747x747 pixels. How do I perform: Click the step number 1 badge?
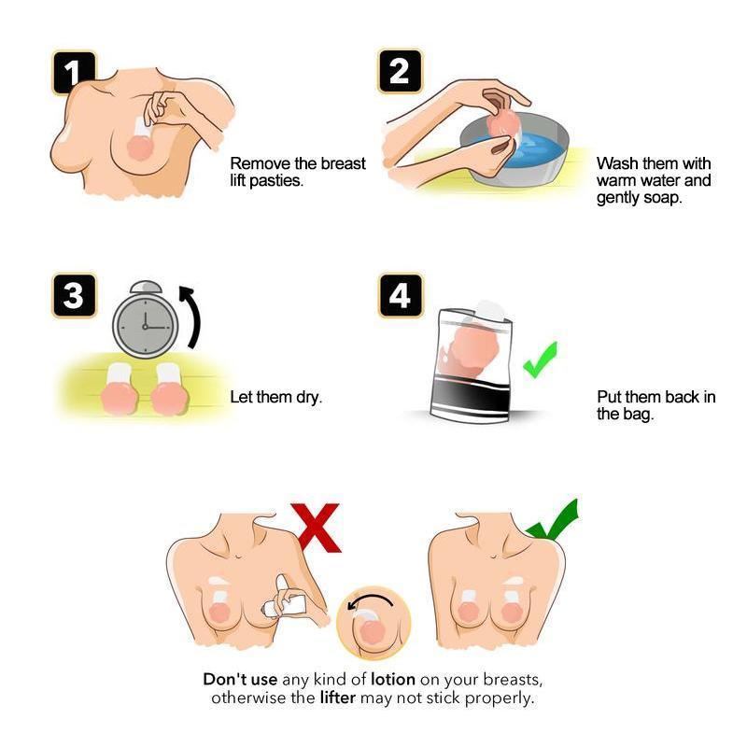coord(74,73)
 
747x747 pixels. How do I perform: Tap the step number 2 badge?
coord(401,72)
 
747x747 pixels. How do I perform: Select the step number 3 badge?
coord(74,295)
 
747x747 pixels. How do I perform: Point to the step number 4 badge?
coord(401,295)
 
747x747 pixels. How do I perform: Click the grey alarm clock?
coord(146,319)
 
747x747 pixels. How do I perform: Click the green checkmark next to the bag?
coord(541,359)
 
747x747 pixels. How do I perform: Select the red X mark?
coord(316,528)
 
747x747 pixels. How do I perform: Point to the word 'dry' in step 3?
coord(309,397)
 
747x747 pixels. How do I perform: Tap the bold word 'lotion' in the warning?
coord(393,679)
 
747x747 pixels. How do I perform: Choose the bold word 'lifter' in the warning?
coord(338,698)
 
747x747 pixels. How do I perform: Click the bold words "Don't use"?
coord(240,679)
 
